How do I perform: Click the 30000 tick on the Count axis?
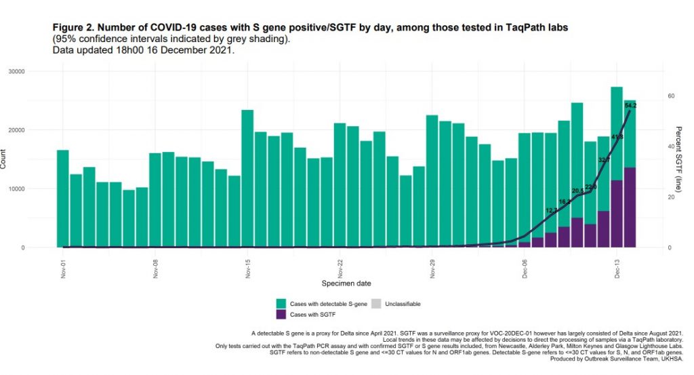pos(33,71)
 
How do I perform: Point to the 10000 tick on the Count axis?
pos(33,189)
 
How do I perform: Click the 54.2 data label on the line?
pos(630,106)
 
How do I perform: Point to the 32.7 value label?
pos(604,160)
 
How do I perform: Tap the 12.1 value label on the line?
pos(551,210)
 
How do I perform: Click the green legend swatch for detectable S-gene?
pos(281,304)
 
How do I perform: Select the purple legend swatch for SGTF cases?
pos(281,315)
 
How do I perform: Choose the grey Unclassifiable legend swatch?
pos(377,304)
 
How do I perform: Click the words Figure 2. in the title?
pos(75,26)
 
